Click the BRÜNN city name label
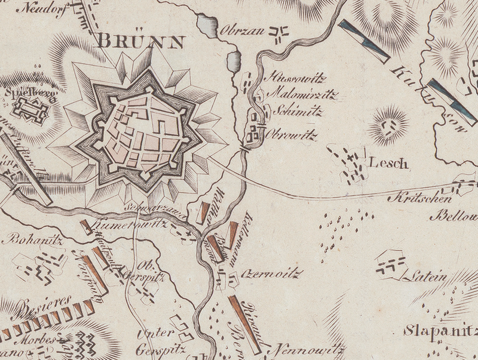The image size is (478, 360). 141,42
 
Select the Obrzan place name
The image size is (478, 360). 242,30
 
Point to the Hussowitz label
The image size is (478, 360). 292,78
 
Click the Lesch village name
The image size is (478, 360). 389,162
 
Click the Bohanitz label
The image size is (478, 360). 27,239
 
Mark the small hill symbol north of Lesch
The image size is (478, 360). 390,125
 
